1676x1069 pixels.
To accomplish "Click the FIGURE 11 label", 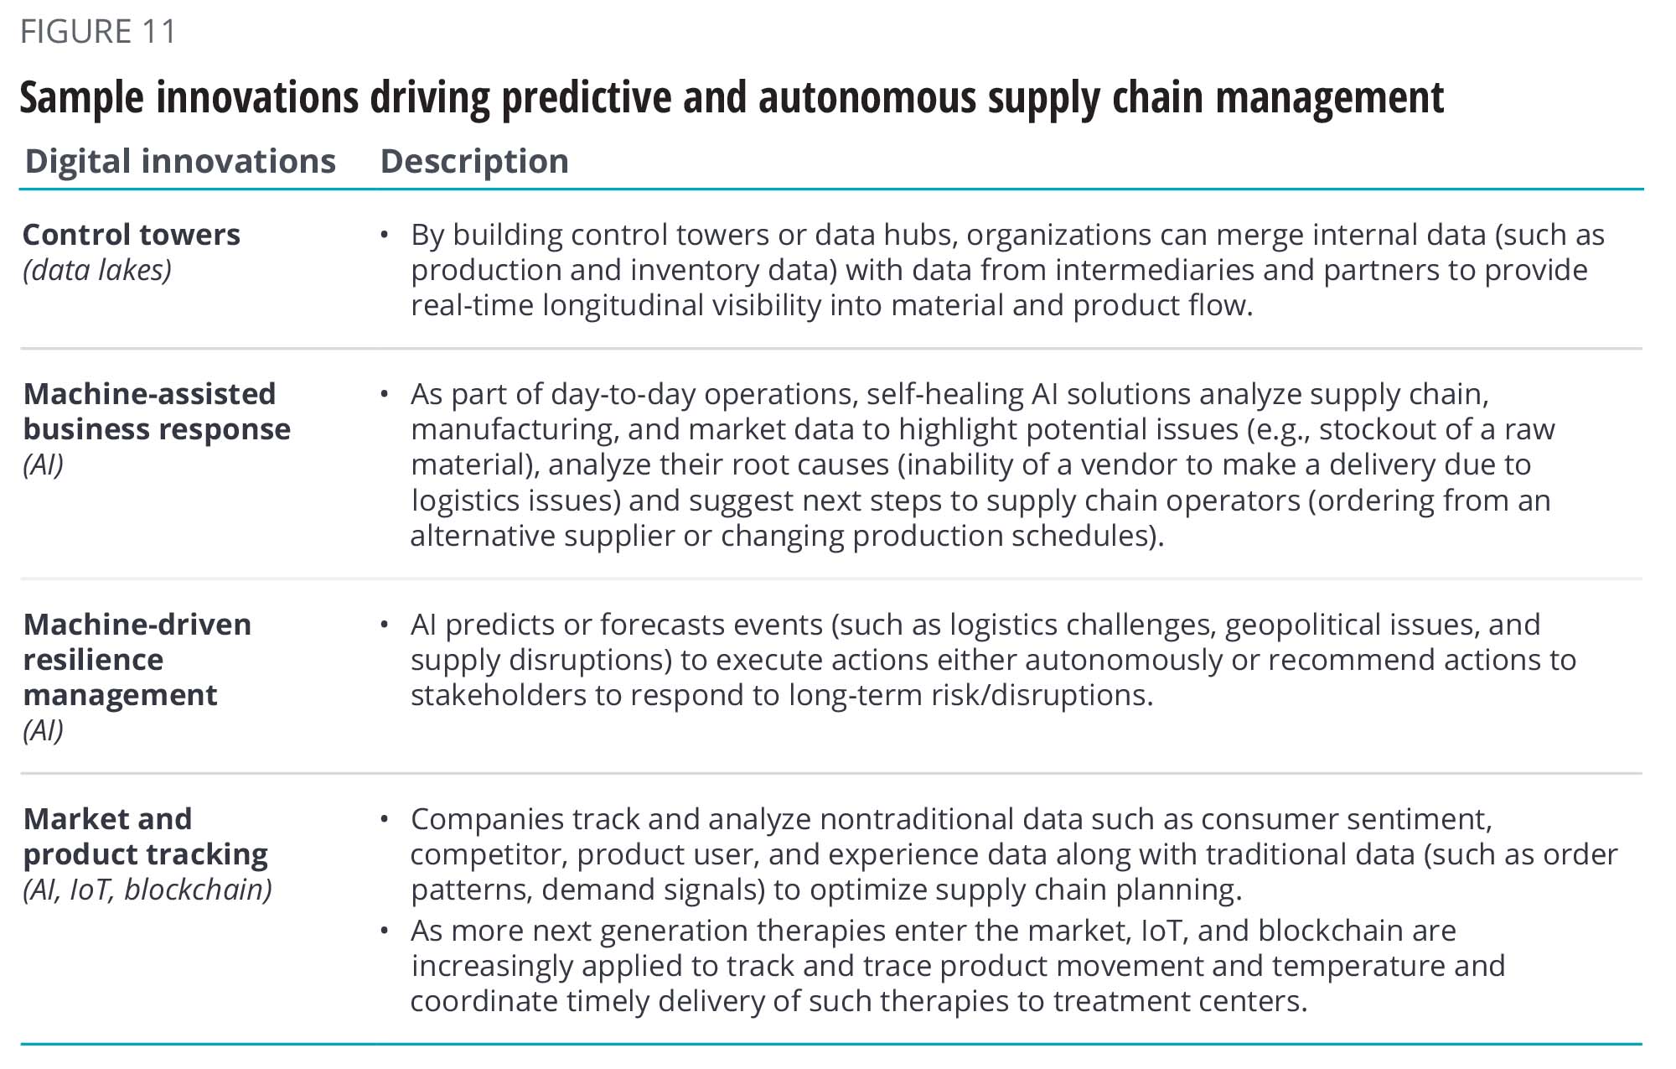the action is coord(98,32).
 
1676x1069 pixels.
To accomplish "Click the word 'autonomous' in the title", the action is coord(867,97).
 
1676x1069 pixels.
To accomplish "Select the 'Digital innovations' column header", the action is coord(180,161).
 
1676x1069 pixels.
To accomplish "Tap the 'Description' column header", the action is coord(474,161).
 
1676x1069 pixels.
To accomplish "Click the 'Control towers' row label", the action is coord(132,235).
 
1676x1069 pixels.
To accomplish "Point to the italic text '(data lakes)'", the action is coord(97,270).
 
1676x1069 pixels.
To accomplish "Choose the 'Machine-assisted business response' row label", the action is coord(157,411).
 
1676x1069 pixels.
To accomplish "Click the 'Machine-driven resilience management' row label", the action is coord(137,659).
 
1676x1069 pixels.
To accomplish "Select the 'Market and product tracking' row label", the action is coord(146,836).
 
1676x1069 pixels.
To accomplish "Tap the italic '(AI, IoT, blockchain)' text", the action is coord(147,890).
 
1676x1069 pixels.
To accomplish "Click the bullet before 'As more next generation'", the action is coord(385,931).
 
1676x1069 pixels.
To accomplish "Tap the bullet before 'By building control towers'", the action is coord(385,235).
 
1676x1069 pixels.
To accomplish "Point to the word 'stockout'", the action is coord(1371,429).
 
